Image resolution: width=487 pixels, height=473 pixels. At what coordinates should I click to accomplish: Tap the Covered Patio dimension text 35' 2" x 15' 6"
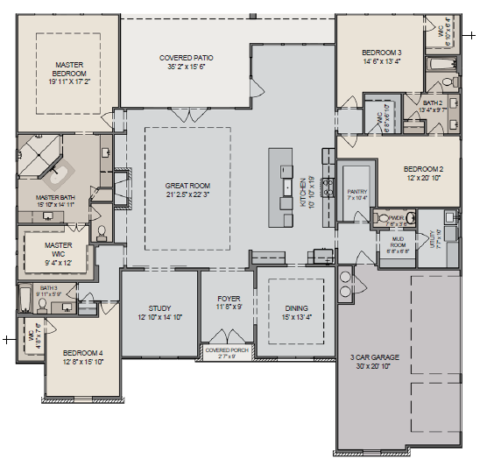[x=185, y=67]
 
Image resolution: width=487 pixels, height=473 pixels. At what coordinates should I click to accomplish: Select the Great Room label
[x=187, y=186]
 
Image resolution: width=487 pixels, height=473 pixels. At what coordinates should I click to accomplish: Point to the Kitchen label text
[x=303, y=187]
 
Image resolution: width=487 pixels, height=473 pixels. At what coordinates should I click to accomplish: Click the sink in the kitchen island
[x=286, y=187]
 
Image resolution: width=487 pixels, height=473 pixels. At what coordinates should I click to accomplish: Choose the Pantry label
[x=356, y=191]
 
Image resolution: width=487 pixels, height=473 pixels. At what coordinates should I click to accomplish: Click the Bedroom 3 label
[x=382, y=53]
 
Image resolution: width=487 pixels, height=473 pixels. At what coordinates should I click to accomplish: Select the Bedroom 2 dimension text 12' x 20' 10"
[x=424, y=177]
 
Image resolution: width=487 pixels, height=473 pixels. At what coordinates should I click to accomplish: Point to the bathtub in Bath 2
[x=436, y=65]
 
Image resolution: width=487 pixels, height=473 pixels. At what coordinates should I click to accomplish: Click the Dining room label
[x=295, y=308]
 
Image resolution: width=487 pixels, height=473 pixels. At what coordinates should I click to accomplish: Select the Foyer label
[x=228, y=300]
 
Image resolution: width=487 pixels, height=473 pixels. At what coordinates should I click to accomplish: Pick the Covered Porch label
[x=227, y=349]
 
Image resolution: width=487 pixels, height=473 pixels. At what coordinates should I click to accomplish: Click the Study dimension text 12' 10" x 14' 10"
[x=159, y=317]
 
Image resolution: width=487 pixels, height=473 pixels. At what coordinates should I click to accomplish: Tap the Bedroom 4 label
[x=82, y=352]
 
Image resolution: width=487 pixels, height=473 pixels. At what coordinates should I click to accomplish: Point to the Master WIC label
[x=58, y=250]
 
